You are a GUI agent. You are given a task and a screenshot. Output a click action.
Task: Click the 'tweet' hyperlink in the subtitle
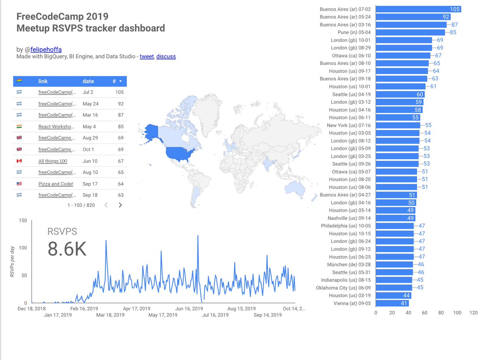[147, 56]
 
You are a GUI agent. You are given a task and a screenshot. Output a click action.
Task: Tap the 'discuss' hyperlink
[166, 56]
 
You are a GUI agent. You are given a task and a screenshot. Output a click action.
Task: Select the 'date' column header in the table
[88, 81]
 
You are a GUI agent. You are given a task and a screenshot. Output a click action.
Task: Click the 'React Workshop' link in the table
[56, 126]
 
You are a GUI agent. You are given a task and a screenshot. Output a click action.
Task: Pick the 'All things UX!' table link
[53, 161]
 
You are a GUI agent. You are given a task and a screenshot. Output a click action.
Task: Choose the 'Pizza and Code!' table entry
[55, 184]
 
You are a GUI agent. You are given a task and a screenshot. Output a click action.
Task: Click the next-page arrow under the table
[120, 205]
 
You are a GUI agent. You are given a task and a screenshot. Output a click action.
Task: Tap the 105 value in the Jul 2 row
[119, 92]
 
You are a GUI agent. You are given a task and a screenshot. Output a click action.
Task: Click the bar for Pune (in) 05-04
[410, 32]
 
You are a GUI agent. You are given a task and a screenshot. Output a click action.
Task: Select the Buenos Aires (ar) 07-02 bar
[418, 9]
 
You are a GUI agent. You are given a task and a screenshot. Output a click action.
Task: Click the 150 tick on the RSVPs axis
[23, 220]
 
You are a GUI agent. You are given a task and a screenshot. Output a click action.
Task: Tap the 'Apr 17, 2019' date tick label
[138, 309]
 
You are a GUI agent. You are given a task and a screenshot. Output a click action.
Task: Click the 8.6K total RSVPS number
[67, 249]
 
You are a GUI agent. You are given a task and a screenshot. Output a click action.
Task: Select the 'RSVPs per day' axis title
[13, 262]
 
